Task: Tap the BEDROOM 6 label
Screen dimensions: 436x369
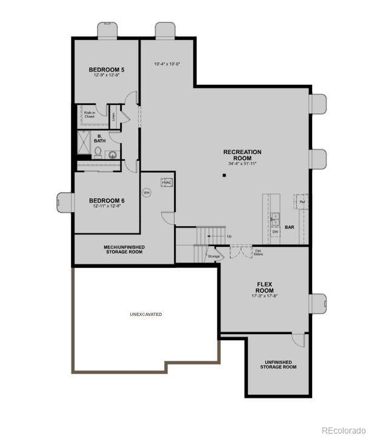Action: point(107,201)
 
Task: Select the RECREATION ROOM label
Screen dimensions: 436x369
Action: point(242,155)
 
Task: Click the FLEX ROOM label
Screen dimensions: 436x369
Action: point(265,287)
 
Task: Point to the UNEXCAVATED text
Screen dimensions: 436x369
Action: point(146,315)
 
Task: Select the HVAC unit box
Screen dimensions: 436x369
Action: point(167,182)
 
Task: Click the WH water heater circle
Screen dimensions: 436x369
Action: point(145,193)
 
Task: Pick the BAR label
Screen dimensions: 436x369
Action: point(290,227)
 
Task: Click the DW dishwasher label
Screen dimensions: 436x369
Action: point(275,232)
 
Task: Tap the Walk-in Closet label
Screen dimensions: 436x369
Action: point(89,115)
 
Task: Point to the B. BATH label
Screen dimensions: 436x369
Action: point(100,138)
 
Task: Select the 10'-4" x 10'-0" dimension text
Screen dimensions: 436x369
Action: point(167,64)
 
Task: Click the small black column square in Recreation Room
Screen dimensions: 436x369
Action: point(224,175)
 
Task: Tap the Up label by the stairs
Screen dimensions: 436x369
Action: point(228,236)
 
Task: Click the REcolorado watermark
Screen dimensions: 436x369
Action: point(344,430)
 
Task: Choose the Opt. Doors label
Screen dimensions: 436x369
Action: point(258,252)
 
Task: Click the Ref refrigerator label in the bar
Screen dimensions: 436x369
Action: point(302,201)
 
